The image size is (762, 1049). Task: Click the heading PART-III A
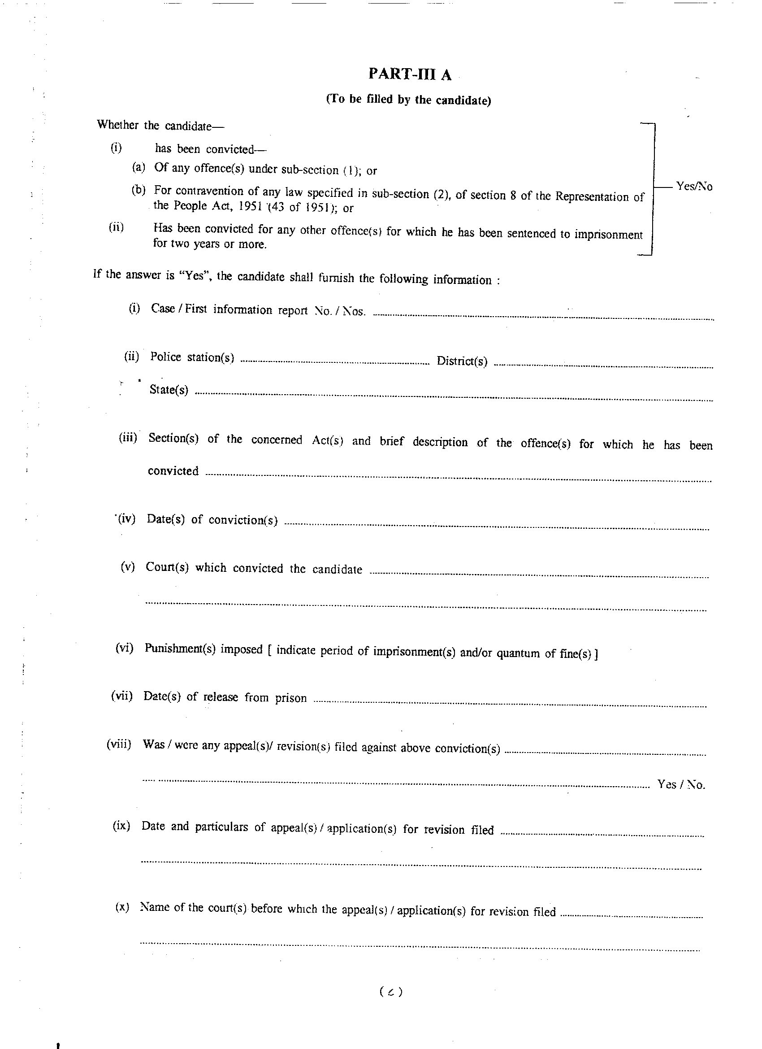[x=409, y=74]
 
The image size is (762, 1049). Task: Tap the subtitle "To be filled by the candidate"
[x=408, y=100]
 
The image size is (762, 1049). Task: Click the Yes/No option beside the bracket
[x=693, y=187]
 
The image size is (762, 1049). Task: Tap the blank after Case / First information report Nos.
[x=543, y=316]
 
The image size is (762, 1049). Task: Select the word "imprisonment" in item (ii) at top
[x=609, y=235]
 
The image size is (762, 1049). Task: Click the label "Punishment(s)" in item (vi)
[x=180, y=649]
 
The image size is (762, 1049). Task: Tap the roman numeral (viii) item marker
[x=119, y=744]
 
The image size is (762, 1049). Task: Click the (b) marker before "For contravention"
[x=138, y=190]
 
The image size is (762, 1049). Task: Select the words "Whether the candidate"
[x=154, y=125]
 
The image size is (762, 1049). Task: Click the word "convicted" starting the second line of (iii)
[x=173, y=471]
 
